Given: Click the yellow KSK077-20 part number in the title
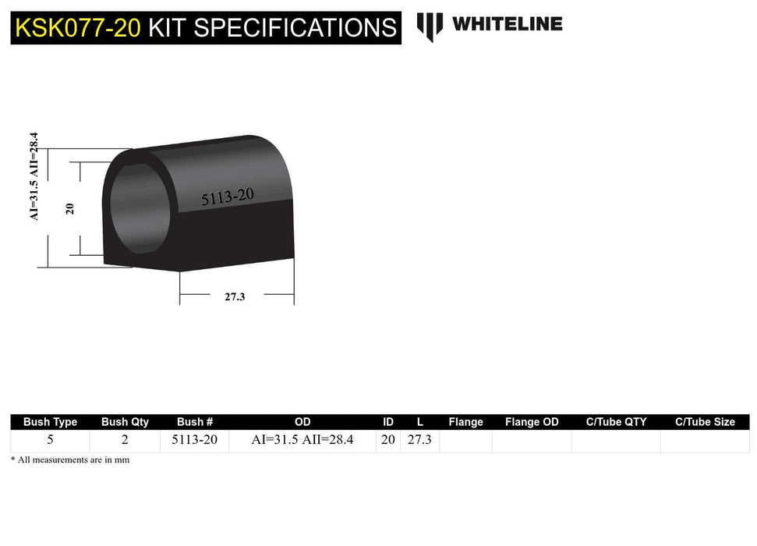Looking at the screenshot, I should (x=78, y=28).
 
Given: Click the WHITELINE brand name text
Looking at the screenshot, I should (x=507, y=24).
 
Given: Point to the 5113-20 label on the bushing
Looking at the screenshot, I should (x=227, y=197).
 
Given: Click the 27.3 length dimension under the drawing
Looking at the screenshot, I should (x=235, y=296).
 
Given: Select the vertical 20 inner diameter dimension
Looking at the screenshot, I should (x=70, y=208).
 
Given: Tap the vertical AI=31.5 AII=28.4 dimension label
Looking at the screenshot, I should (x=34, y=176).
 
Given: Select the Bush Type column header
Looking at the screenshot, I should (x=50, y=422).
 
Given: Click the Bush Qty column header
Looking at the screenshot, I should (x=125, y=422).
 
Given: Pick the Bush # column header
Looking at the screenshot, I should (x=195, y=422).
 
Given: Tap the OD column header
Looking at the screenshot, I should (x=302, y=422).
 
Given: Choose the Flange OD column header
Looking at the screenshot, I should (x=532, y=422).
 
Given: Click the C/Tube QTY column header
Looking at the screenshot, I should (x=616, y=422).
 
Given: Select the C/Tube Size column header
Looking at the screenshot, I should (x=705, y=422).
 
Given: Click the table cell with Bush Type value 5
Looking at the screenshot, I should (x=50, y=440).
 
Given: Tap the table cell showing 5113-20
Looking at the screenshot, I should (x=195, y=440).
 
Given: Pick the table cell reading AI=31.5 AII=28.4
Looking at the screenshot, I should (x=302, y=440).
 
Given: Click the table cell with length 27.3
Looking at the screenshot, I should (x=419, y=440).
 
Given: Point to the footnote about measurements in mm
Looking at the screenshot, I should (x=70, y=460).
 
